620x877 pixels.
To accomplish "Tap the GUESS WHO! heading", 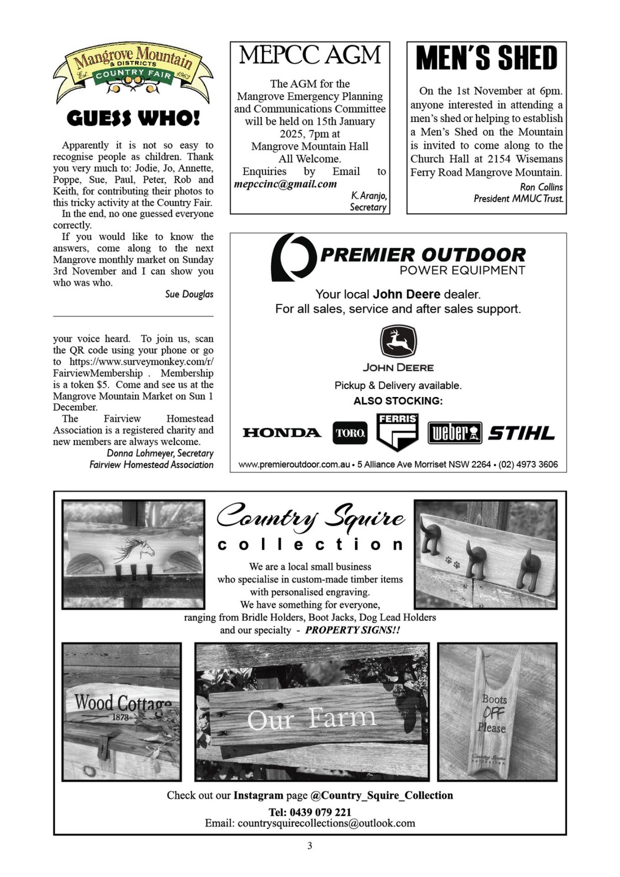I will [x=133, y=119].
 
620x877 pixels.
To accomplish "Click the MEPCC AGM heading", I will [x=310, y=55].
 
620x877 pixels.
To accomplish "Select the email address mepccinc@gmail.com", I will [x=285, y=184].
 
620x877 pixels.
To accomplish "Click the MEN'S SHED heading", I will [x=487, y=58].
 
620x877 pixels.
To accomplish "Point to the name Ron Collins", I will [x=541, y=187].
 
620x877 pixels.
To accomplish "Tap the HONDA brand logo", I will [x=282, y=433].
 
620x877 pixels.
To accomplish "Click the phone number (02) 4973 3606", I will [x=528, y=465].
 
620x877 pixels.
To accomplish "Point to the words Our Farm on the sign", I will [x=312, y=719].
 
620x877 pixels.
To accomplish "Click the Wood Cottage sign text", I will [x=122, y=703].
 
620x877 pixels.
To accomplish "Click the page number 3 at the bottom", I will [x=310, y=845].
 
